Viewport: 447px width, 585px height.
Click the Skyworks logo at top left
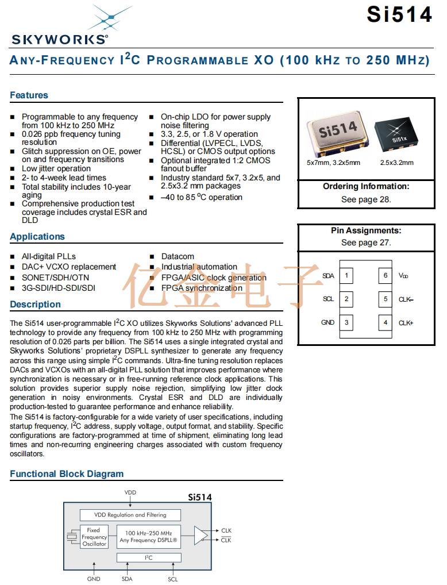click(59, 26)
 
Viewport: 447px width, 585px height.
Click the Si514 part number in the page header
click(399, 14)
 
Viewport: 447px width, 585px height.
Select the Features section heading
click(29, 95)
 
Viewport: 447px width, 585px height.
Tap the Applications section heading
click(37, 237)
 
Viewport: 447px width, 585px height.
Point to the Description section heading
click(35, 305)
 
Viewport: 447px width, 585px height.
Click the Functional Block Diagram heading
click(67, 474)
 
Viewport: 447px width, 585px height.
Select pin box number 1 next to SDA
click(346, 275)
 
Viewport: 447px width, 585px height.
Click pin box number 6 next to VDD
click(386, 275)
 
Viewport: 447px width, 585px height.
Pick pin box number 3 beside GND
click(346, 322)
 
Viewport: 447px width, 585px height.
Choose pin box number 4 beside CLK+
click(386, 322)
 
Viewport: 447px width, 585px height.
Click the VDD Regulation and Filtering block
click(130, 515)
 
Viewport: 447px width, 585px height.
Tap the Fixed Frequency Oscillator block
click(94, 537)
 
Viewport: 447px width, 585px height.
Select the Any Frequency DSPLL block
click(149, 537)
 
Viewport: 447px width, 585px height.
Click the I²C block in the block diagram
click(149, 557)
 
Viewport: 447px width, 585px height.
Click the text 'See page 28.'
click(365, 199)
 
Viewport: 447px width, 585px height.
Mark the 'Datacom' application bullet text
click(178, 256)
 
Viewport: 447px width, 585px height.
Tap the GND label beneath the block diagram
click(94, 579)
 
